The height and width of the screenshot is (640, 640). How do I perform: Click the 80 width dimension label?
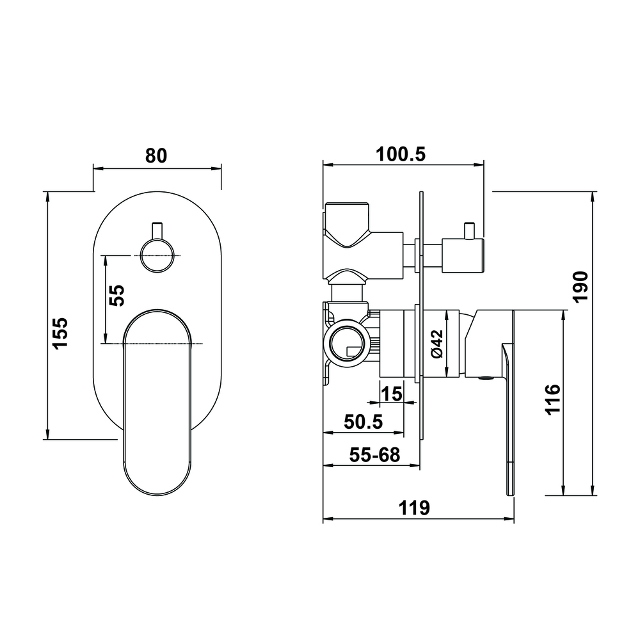pos(157,156)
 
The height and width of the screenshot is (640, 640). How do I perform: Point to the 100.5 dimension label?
pos(401,154)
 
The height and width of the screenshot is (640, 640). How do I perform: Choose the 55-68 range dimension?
pos(374,455)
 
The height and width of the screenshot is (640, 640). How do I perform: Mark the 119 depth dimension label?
pos(414,508)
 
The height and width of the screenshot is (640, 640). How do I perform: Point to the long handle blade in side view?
pos(509,416)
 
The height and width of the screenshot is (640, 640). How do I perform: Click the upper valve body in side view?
pos(349,227)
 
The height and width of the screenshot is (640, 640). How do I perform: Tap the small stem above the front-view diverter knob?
pos(156,229)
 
